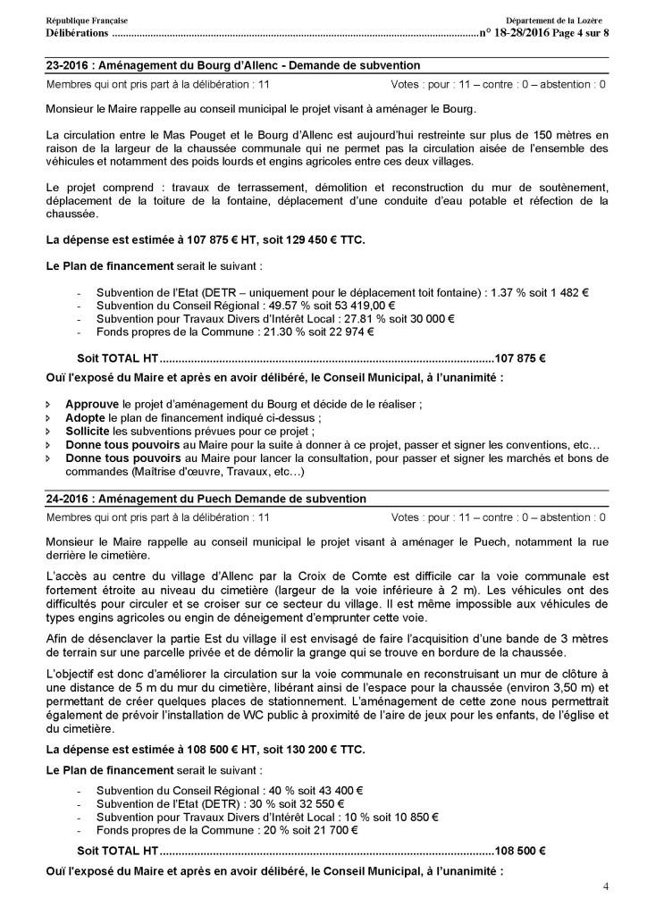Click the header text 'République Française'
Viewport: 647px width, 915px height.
coord(86,20)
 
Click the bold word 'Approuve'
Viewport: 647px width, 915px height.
coord(93,404)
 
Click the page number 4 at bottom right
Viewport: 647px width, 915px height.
coord(606,886)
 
